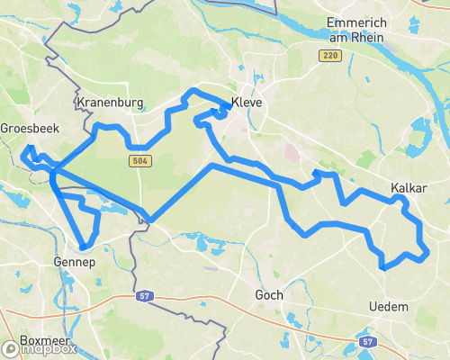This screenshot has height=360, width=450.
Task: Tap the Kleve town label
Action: pos(247,103)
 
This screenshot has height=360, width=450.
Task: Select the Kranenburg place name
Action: pos(111,103)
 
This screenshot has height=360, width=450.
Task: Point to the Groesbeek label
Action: pos(30,129)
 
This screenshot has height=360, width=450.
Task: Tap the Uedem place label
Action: pos(389,307)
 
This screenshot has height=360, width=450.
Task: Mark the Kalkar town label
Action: pos(408,188)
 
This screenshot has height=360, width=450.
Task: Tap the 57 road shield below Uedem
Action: pos(366,342)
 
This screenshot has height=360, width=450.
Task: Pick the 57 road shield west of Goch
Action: pos(145,295)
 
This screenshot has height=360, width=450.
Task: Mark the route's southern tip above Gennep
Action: pos(83,246)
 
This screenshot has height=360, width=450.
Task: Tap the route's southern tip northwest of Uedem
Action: pos(383,267)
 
